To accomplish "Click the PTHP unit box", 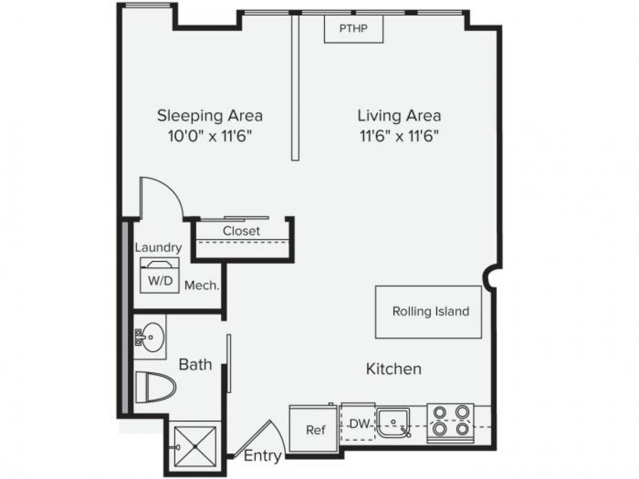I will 354,28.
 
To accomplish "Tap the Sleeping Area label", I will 210,115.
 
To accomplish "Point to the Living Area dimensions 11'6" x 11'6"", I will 399,136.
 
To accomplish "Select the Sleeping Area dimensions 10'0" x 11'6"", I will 210,136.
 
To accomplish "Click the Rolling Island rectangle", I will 429,312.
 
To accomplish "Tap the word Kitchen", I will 394,368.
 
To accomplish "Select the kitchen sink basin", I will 393,423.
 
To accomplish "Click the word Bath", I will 195,365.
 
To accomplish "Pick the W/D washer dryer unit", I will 160,275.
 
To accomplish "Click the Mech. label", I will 202,286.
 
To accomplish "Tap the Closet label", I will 241,231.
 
